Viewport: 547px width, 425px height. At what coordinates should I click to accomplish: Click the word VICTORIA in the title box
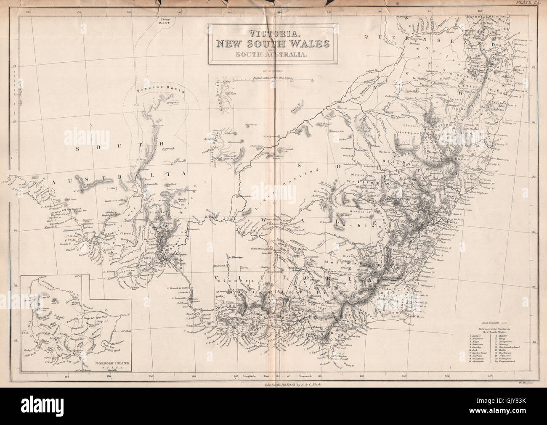click(273, 33)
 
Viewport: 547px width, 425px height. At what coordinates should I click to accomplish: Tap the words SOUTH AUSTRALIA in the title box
click(273, 53)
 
